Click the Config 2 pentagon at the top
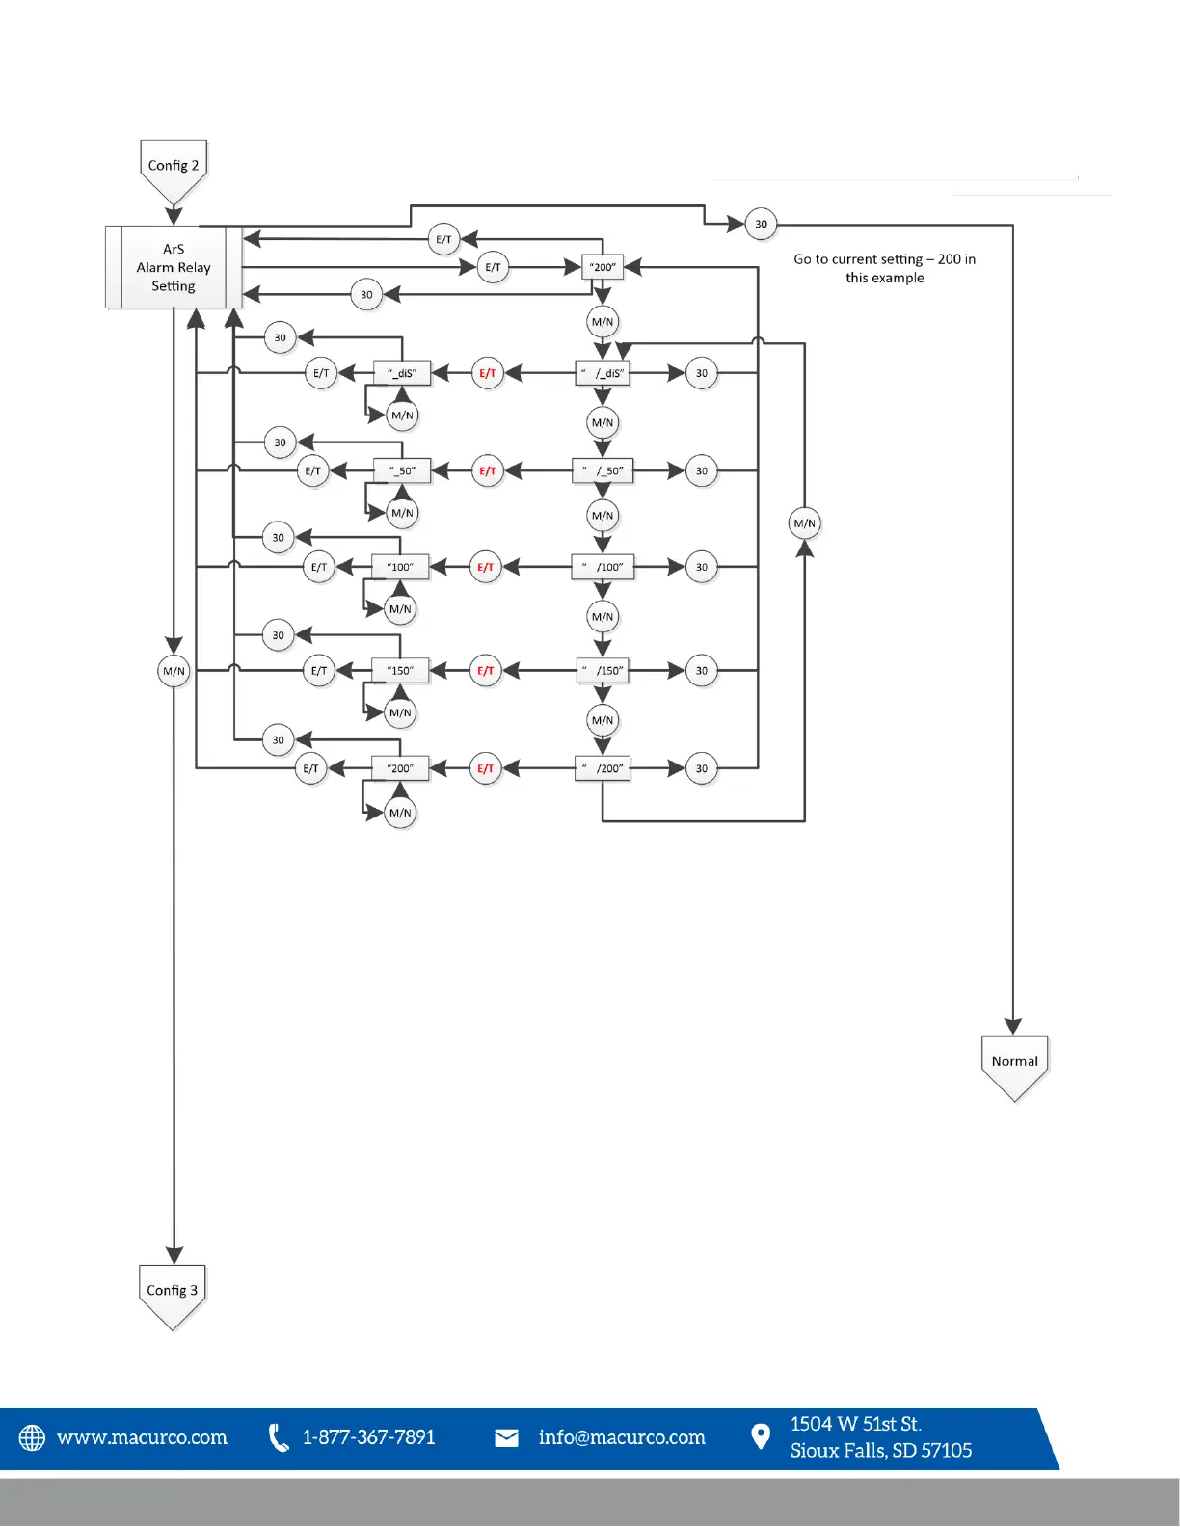tap(174, 167)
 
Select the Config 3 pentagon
tap(173, 1291)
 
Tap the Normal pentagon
tap(1014, 1062)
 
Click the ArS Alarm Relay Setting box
tap(174, 267)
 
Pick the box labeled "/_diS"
tap(603, 373)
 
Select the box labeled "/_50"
tap(603, 471)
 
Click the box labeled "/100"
tap(603, 567)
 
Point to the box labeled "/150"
tap(603, 671)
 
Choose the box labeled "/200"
tap(603, 768)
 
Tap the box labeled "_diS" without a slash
tap(402, 373)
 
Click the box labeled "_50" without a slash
tap(402, 471)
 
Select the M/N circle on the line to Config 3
tap(174, 671)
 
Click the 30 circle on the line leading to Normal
tap(761, 225)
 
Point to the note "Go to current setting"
tap(884, 268)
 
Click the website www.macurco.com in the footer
tap(143, 1437)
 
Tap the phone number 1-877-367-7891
tap(368, 1437)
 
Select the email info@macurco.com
tap(622, 1437)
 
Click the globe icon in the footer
tap(32, 1437)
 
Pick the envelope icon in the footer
tap(506, 1438)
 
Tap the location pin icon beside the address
tap(761, 1437)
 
